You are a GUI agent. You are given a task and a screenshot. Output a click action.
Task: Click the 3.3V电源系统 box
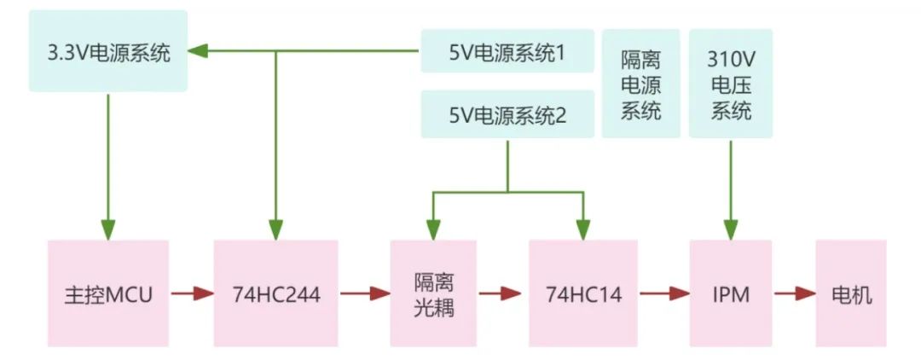coord(108,51)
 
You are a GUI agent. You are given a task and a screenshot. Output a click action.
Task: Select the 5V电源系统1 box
coord(507,51)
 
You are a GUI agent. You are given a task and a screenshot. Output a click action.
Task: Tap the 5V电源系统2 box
coord(507,114)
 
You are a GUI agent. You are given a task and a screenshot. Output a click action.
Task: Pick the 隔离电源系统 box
coord(641,84)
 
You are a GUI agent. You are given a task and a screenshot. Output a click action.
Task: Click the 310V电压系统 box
coord(730,84)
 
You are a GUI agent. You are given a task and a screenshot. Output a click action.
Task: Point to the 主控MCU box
coord(108,293)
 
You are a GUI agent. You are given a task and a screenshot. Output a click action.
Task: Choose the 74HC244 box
coord(275,293)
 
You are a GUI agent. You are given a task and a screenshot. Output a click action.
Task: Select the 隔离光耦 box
coord(433,293)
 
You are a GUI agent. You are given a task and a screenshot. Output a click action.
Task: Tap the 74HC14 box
coord(583,293)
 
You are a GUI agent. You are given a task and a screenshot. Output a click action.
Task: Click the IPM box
coord(730,293)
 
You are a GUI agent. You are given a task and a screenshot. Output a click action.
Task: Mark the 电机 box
coord(851,293)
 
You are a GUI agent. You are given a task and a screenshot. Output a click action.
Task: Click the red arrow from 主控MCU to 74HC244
coord(191,293)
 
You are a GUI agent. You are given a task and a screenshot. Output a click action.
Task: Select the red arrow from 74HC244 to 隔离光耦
coord(364,293)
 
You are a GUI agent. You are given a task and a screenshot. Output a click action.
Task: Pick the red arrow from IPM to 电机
coord(794,293)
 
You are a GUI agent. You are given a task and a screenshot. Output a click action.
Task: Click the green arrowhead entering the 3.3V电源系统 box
coord(198,51)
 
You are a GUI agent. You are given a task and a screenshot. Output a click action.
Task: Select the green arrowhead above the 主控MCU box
coord(108,229)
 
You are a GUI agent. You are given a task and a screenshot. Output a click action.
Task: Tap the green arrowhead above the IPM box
coord(730,229)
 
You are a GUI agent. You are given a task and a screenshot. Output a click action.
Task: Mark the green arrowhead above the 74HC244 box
coord(275,229)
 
